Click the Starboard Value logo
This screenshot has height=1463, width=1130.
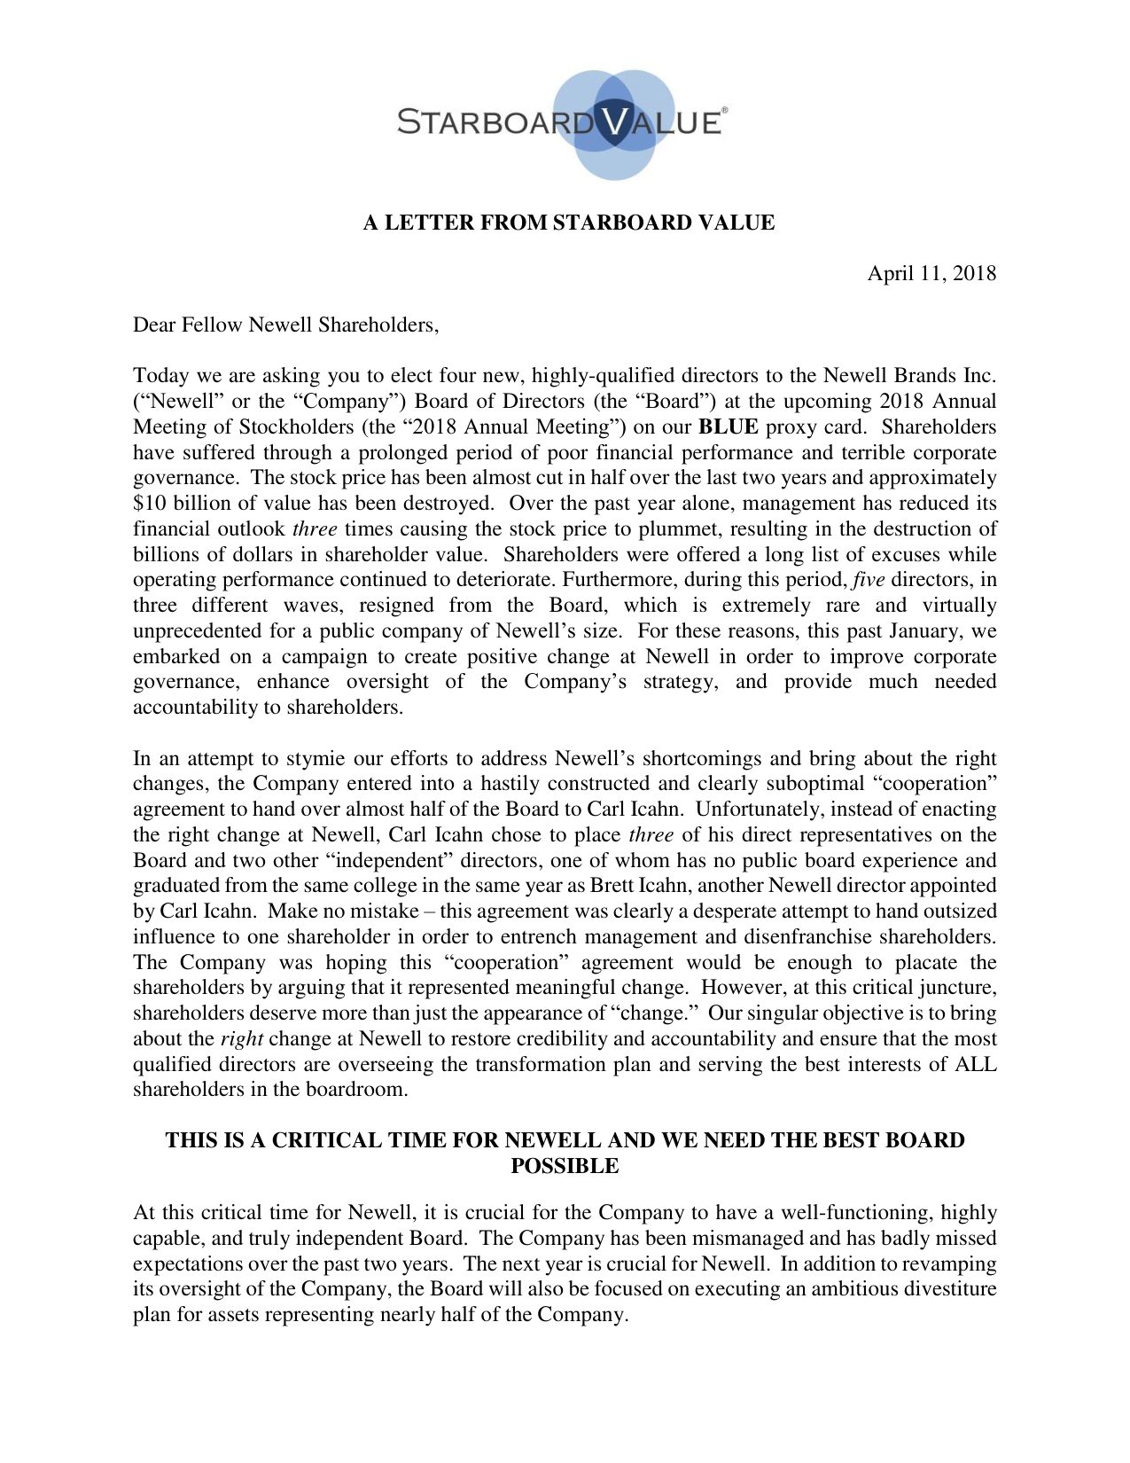click(x=562, y=122)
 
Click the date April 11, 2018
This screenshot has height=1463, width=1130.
click(x=931, y=273)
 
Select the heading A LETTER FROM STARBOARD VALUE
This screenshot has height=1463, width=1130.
click(x=568, y=223)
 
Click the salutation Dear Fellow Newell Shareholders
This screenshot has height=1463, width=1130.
click(x=285, y=325)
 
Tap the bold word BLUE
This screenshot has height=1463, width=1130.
click(x=729, y=427)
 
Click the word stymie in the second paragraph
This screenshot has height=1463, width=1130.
click(x=318, y=759)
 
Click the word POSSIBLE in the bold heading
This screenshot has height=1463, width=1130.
click(x=565, y=1166)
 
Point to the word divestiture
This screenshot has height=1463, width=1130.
click(x=950, y=1289)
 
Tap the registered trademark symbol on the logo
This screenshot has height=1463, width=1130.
click(x=725, y=110)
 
